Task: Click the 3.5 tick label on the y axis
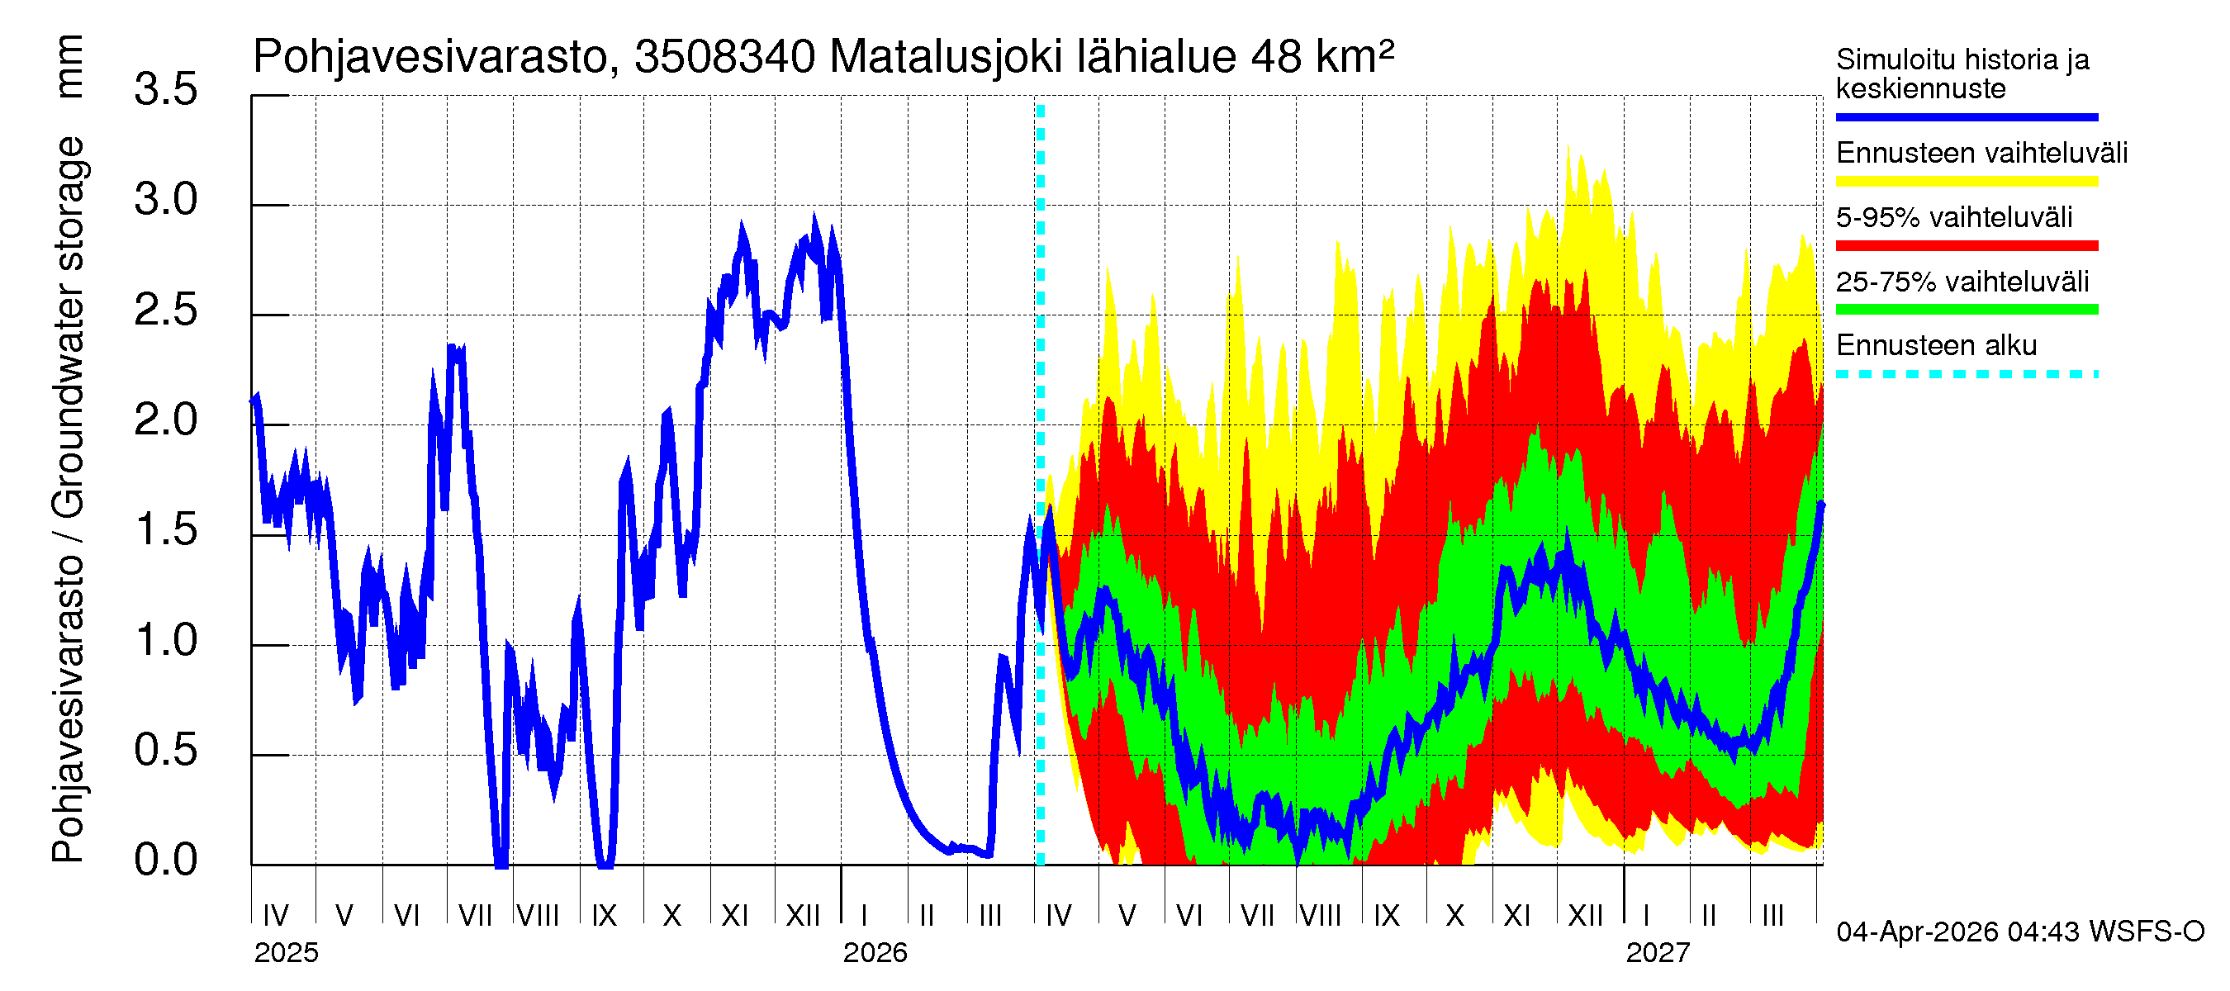tap(165, 90)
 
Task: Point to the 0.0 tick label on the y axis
tap(165, 861)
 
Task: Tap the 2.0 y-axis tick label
tap(165, 420)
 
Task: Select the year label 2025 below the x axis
tap(286, 953)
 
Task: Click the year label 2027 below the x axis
tap(1657, 953)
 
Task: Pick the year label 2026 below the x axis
tap(875, 953)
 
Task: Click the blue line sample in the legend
tap(1966, 116)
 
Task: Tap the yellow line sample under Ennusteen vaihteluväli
tap(1966, 182)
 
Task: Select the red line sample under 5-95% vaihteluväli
tap(1966, 246)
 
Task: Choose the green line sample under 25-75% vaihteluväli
tap(1966, 310)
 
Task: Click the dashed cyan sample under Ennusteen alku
tap(1966, 374)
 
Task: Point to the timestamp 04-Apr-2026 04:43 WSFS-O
tap(2019, 932)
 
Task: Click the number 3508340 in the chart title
tap(724, 58)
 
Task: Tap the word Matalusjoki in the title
tap(946, 58)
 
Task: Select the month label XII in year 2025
tap(803, 915)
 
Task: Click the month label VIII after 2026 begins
tap(1320, 915)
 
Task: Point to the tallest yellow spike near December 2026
tap(1568, 147)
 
